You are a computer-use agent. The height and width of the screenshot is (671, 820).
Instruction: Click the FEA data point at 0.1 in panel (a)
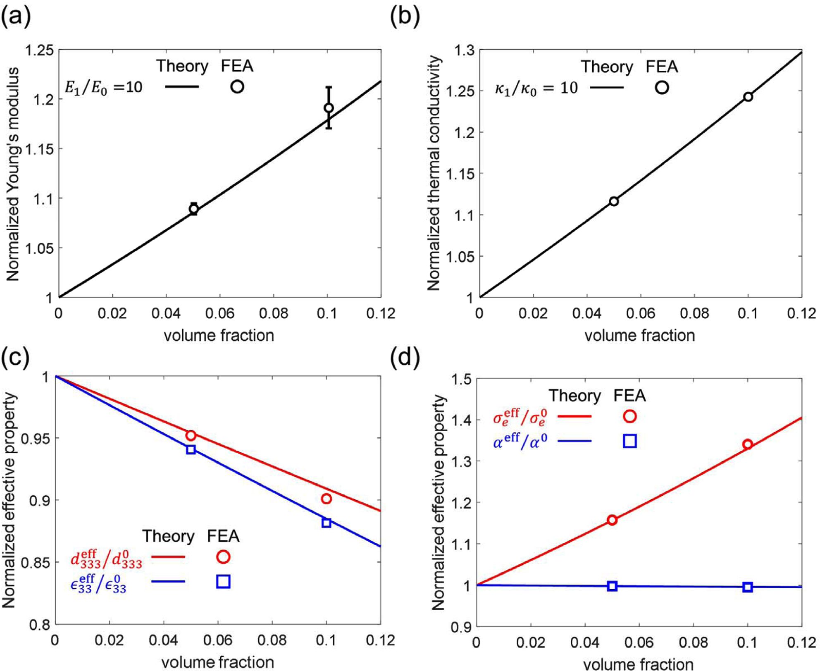(329, 108)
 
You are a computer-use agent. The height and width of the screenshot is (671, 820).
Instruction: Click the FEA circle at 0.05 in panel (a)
(193, 209)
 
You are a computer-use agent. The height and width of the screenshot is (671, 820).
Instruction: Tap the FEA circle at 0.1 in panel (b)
(748, 97)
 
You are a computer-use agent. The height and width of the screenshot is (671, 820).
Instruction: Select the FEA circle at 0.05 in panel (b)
(614, 201)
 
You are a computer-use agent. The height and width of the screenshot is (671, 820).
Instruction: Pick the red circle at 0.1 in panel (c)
(326, 499)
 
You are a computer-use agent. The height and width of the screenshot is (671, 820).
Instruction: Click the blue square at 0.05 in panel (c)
(191, 449)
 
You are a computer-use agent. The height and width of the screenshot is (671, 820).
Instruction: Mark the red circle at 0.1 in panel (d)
(747, 444)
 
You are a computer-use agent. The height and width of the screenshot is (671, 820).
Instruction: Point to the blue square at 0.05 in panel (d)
(612, 586)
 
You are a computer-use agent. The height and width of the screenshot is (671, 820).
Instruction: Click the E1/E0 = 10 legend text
(103, 87)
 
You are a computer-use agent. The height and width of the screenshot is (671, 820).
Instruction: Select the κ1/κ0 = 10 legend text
(536, 88)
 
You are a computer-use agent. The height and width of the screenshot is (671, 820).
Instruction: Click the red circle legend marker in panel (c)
(223, 557)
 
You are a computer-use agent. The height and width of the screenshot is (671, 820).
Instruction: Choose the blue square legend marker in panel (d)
(629, 441)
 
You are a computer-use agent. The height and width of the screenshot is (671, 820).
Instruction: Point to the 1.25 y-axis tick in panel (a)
(40, 51)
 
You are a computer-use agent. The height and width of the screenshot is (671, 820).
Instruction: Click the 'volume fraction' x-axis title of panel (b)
(639, 335)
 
